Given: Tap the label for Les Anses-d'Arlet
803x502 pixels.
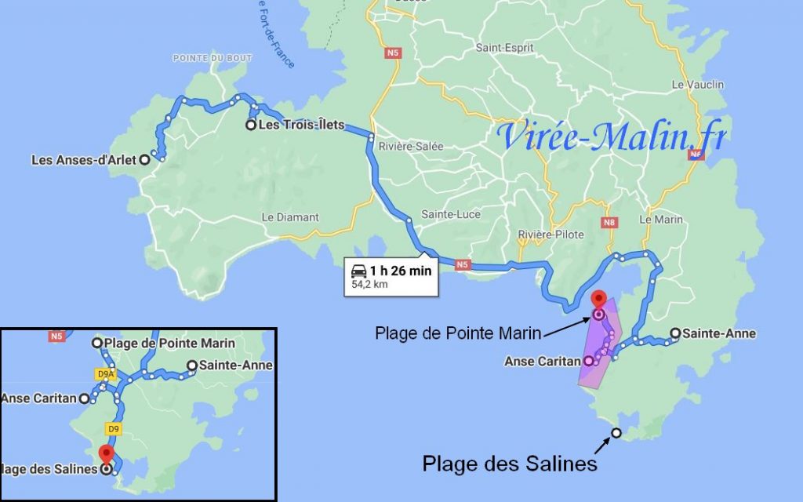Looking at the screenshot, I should click(84, 160).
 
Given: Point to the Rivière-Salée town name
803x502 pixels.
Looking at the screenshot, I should click(411, 147).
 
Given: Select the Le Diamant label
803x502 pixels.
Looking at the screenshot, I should click(290, 217).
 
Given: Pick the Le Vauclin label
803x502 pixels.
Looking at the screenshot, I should click(698, 85).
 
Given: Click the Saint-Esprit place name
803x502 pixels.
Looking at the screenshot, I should click(504, 48).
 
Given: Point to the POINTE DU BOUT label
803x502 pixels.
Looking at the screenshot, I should click(203, 59).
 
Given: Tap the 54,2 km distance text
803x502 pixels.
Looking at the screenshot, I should click(371, 284).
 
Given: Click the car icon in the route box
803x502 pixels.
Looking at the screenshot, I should click(359, 271).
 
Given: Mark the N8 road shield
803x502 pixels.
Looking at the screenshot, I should click(609, 223).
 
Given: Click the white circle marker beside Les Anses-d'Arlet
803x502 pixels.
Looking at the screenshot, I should click(144, 160).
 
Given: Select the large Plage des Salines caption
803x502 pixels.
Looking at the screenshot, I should click(510, 464).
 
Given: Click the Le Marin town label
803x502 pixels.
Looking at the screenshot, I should click(661, 220).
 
